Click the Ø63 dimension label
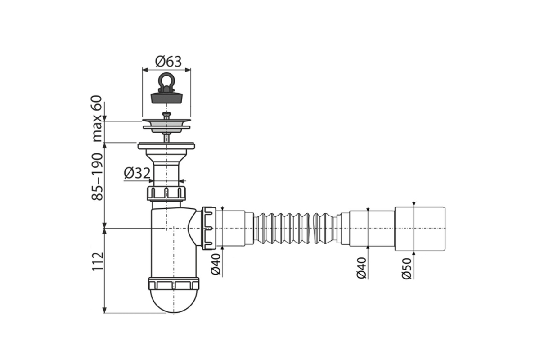click(168, 62)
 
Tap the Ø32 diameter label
click(137, 173)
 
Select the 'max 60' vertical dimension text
click(97, 119)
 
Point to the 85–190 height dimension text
click(97, 177)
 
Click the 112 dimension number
click(98, 261)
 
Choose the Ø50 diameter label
click(406, 269)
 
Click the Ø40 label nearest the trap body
click(216, 264)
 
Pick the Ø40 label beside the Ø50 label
click(361, 268)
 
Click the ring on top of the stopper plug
click(166, 80)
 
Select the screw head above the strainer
click(166, 114)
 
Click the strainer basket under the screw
click(166, 126)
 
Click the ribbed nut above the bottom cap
click(174, 283)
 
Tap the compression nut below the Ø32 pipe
click(166, 193)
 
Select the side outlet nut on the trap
click(208, 228)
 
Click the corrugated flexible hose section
click(281, 228)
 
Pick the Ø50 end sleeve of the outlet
click(420, 229)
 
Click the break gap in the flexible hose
click(311, 228)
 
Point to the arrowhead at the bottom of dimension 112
click(104, 310)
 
